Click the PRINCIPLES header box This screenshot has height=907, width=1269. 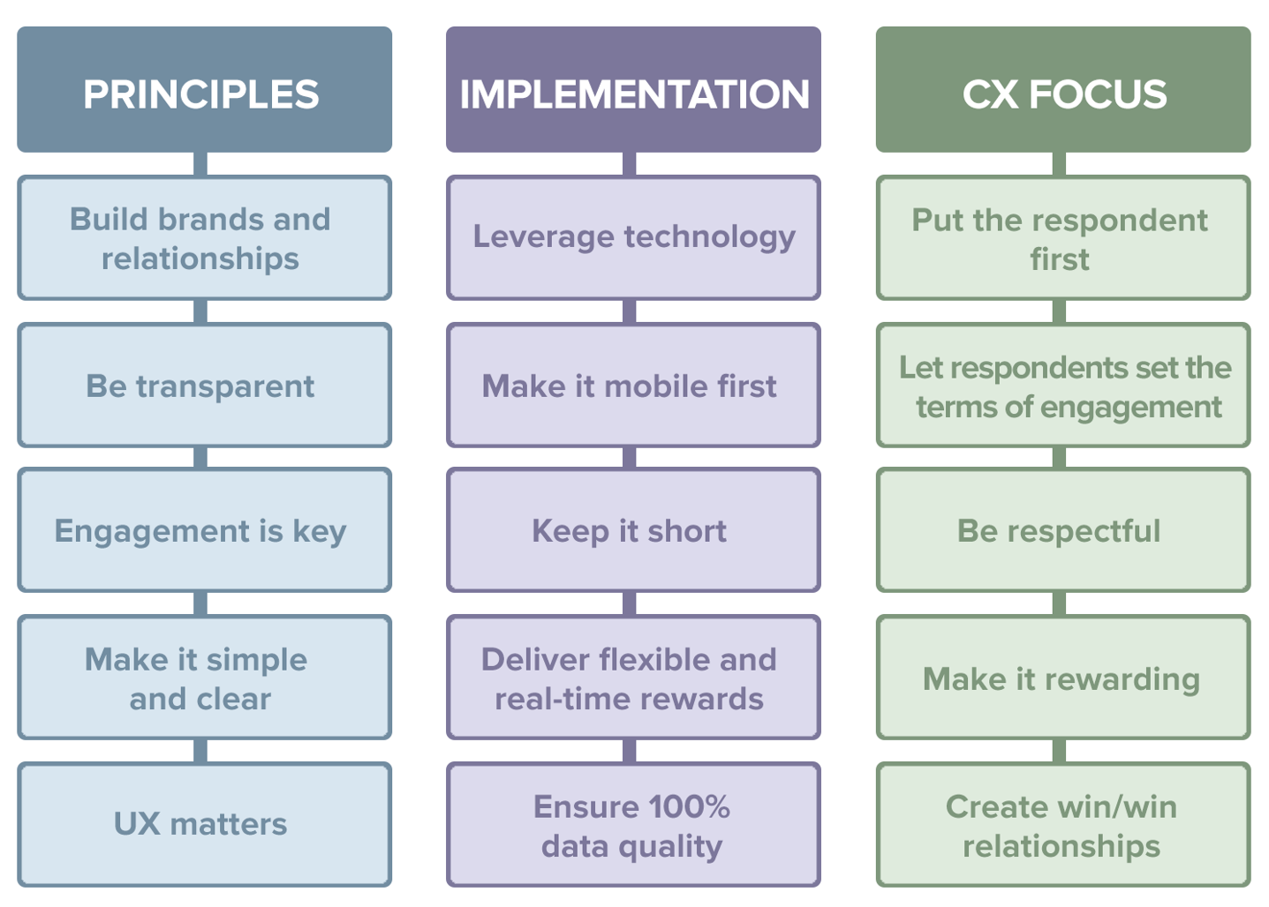(x=204, y=89)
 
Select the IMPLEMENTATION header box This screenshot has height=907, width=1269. (x=633, y=89)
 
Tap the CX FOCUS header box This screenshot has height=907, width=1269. (x=1063, y=89)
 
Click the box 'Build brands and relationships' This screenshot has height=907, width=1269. (x=204, y=238)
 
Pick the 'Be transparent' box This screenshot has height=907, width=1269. (x=204, y=385)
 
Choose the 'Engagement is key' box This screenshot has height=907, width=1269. (x=204, y=530)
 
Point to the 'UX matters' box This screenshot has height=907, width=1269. (x=204, y=824)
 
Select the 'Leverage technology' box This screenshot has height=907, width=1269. (x=633, y=238)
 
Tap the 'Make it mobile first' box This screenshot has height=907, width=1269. (x=633, y=385)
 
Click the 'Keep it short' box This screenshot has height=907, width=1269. (x=633, y=530)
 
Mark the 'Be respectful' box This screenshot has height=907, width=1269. (x=1063, y=530)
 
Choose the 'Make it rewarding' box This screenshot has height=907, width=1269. (x=1063, y=677)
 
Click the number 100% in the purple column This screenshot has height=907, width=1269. (x=689, y=806)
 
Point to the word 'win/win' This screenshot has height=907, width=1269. (x=1110, y=806)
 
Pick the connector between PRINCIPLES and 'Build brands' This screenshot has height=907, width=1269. (x=200, y=164)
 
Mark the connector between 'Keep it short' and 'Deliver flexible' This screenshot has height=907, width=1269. (x=630, y=603)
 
